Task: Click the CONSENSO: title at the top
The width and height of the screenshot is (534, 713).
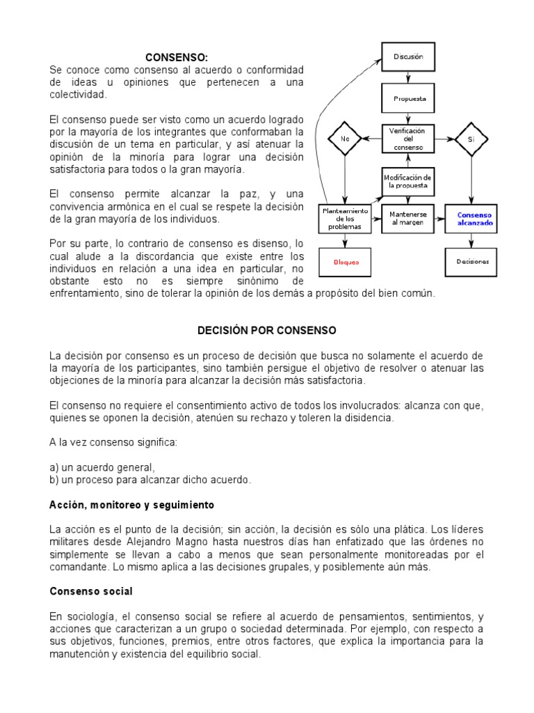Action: click(x=177, y=57)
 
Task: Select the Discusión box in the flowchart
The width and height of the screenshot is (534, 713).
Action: click(x=408, y=56)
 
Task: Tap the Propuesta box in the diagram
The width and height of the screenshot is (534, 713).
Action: click(x=408, y=98)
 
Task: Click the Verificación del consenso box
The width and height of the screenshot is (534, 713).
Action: click(x=408, y=139)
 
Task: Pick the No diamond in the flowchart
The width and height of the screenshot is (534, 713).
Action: click(x=345, y=139)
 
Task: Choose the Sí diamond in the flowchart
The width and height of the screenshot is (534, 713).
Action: click(x=471, y=139)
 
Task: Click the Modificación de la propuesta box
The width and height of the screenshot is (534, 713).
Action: click(x=408, y=182)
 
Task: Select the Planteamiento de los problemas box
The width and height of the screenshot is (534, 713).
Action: click(x=345, y=219)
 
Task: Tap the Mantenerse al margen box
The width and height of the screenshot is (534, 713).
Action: click(x=408, y=219)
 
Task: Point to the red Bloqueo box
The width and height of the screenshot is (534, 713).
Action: click(x=345, y=262)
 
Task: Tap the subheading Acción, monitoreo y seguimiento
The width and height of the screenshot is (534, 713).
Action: click(x=131, y=503)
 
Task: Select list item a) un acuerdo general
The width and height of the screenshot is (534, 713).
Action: click(x=102, y=467)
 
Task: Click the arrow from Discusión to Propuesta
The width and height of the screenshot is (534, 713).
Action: click(x=408, y=77)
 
